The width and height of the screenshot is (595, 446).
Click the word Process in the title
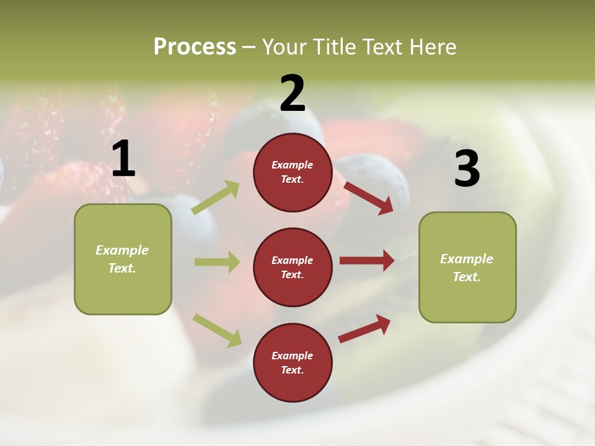tap(195, 46)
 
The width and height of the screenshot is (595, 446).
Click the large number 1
tap(123, 159)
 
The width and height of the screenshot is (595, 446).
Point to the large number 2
tap(293, 93)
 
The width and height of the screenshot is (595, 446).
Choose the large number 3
tap(467, 168)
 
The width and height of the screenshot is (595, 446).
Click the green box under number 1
tap(123, 259)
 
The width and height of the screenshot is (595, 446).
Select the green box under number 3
tap(467, 268)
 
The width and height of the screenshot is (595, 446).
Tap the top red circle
tap(293, 172)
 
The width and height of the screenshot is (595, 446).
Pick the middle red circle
tap(293, 267)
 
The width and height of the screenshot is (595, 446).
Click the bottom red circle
tap(293, 362)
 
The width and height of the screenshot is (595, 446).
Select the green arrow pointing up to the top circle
tap(216, 198)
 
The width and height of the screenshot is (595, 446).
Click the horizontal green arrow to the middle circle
tap(217, 262)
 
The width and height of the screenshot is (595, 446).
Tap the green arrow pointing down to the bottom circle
tap(217, 330)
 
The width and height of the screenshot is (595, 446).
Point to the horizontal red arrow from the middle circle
tap(367, 260)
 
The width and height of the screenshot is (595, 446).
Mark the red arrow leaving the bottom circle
tap(364, 328)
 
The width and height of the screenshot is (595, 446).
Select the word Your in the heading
tap(285, 46)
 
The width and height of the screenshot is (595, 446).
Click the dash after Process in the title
tap(249, 47)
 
